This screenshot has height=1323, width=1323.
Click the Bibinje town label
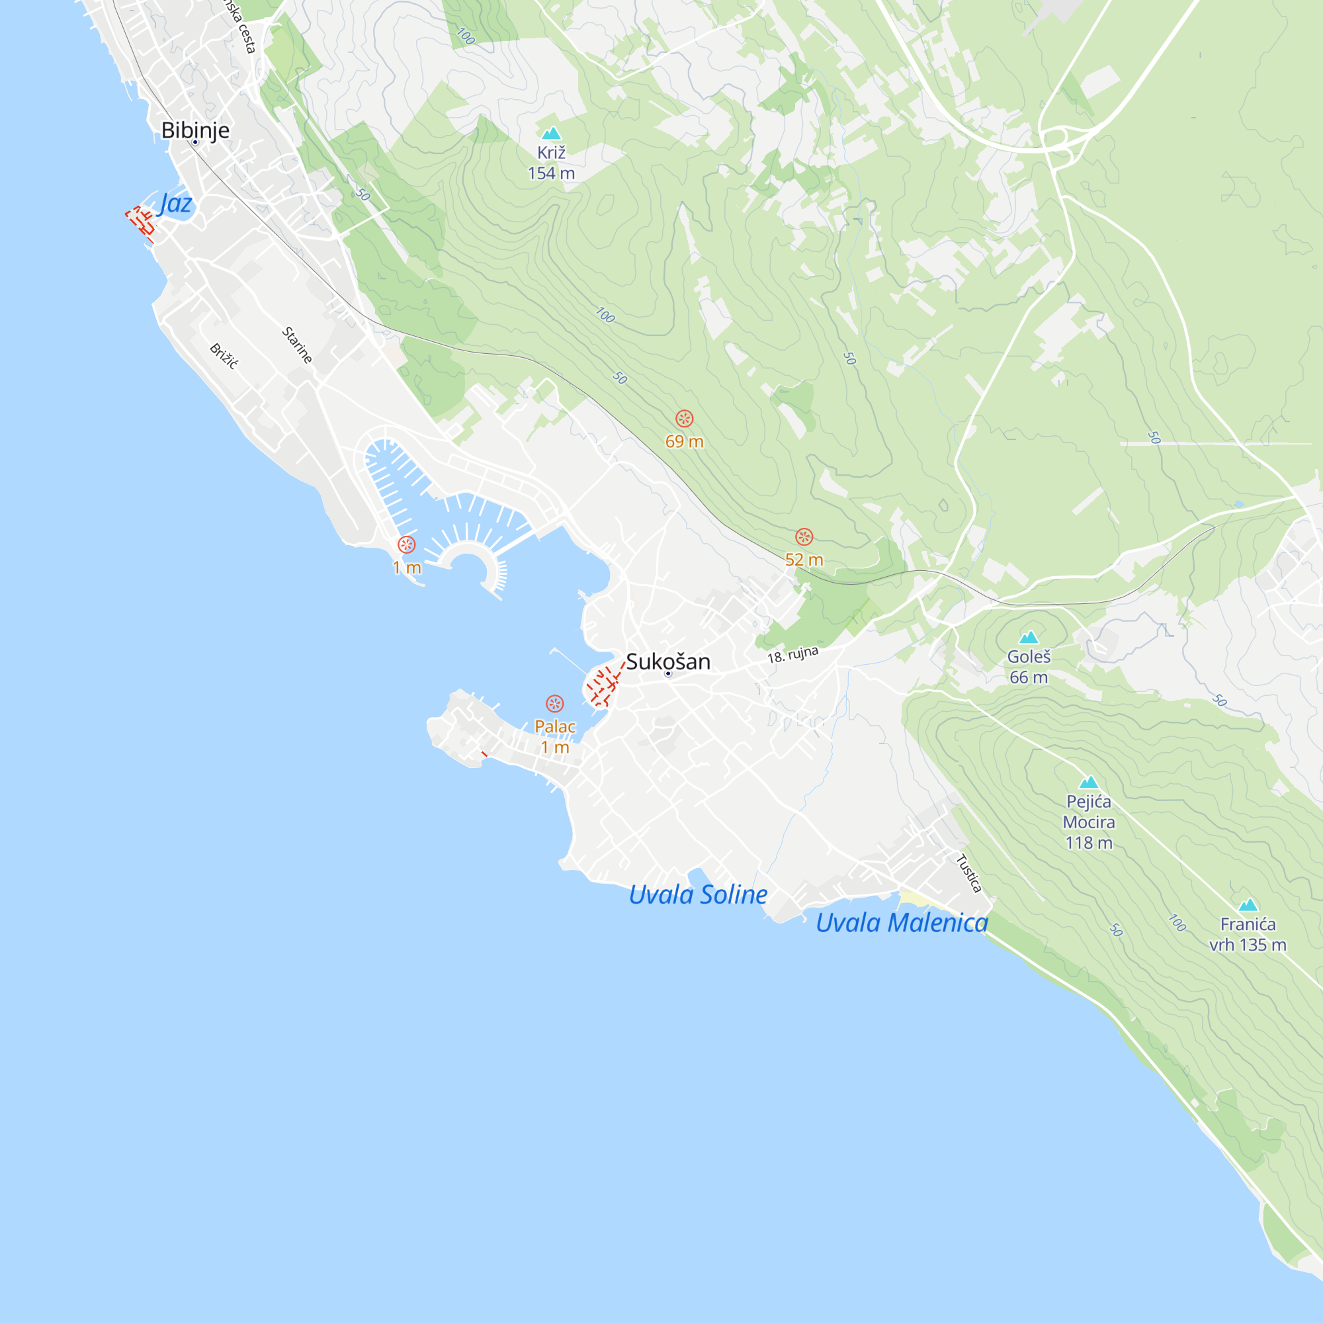(195, 130)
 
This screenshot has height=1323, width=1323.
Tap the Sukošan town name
(667, 661)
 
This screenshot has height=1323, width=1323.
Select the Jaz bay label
(175, 203)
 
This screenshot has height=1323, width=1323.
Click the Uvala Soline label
(698, 894)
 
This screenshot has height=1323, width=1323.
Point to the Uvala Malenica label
(901, 922)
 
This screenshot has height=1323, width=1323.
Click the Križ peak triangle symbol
(551, 134)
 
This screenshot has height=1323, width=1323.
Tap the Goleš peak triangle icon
(1029, 638)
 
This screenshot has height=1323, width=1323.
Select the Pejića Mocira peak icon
(1088, 782)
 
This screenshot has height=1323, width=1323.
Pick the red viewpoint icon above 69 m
(684, 419)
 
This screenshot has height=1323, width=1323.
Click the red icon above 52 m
(804, 537)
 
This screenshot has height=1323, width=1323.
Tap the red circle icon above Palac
(555, 703)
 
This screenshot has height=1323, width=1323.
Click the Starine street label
(297, 345)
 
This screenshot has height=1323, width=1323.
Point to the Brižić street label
(223, 357)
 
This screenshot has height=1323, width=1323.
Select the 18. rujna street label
(792, 655)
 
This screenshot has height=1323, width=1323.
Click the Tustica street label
(969, 873)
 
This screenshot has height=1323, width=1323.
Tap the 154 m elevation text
(551, 173)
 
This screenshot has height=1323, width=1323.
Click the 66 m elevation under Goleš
(1029, 677)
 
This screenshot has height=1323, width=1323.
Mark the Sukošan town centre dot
(668, 674)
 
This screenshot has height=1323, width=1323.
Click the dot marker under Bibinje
(195, 142)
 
